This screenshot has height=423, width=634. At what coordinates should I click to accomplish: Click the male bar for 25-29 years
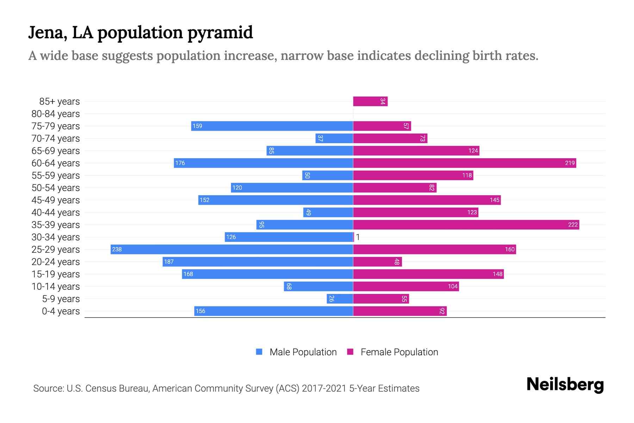(x=232, y=250)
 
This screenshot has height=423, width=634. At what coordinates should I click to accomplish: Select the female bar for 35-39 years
(x=466, y=225)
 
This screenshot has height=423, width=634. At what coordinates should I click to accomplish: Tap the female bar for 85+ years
(x=370, y=102)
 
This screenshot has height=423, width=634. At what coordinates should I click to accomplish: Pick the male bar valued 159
(x=272, y=126)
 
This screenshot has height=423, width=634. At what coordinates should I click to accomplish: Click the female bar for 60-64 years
(x=465, y=163)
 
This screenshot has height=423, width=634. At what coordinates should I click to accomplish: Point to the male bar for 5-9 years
(x=340, y=299)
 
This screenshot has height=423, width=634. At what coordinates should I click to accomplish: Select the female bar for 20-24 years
(x=377, y=262)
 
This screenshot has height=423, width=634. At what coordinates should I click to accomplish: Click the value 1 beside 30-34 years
(x=358, y=237)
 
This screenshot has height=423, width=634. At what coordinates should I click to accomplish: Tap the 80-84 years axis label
(x=56, y=114)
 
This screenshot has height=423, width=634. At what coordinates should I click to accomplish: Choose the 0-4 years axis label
(x=61, y=311)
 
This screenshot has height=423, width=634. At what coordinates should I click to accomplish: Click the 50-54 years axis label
(x=56, y=188)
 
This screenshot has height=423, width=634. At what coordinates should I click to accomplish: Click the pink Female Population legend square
(x=350, y=352)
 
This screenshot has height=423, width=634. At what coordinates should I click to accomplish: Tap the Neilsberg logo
(x=565, y=385)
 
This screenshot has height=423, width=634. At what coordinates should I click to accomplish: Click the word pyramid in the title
(x=220, y=33)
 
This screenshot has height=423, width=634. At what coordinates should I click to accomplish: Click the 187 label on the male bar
(x=169, y=262)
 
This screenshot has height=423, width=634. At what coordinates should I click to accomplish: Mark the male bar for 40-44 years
(x=328, y=213)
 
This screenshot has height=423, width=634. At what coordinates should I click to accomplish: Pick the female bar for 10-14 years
(x=406, y=287)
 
